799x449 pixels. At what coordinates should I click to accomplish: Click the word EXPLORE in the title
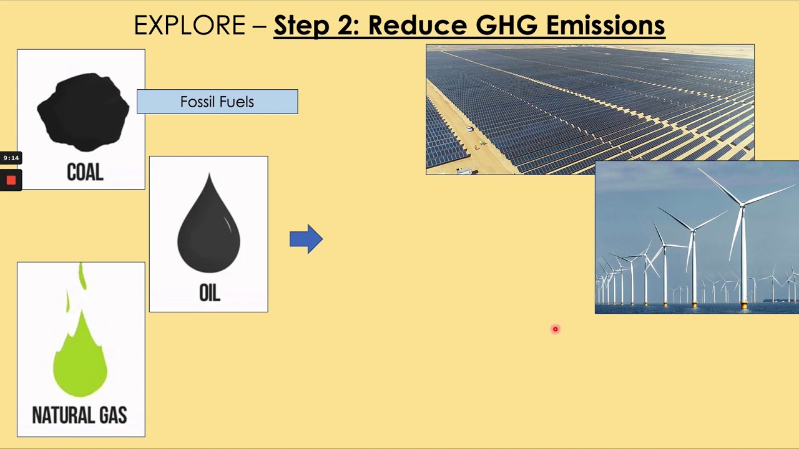pos(190,26)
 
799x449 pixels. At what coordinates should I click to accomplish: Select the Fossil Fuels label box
pos(217,102)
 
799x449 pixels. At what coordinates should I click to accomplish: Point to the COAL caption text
pos(85,172)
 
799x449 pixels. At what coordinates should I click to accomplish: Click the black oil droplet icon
pos(208,228)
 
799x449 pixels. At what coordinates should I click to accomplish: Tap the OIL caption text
pos(209,293)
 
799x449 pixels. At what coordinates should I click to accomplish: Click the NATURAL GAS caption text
pos(80,415)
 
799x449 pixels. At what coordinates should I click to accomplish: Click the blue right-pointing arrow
pos(306,239)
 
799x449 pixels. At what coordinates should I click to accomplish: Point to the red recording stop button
pos(11,180)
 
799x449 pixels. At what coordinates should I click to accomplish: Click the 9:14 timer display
pos(11,158)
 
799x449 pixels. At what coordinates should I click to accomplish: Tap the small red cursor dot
pos(555,329)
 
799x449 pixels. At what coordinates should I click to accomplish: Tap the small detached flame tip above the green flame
pos(81,276)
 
